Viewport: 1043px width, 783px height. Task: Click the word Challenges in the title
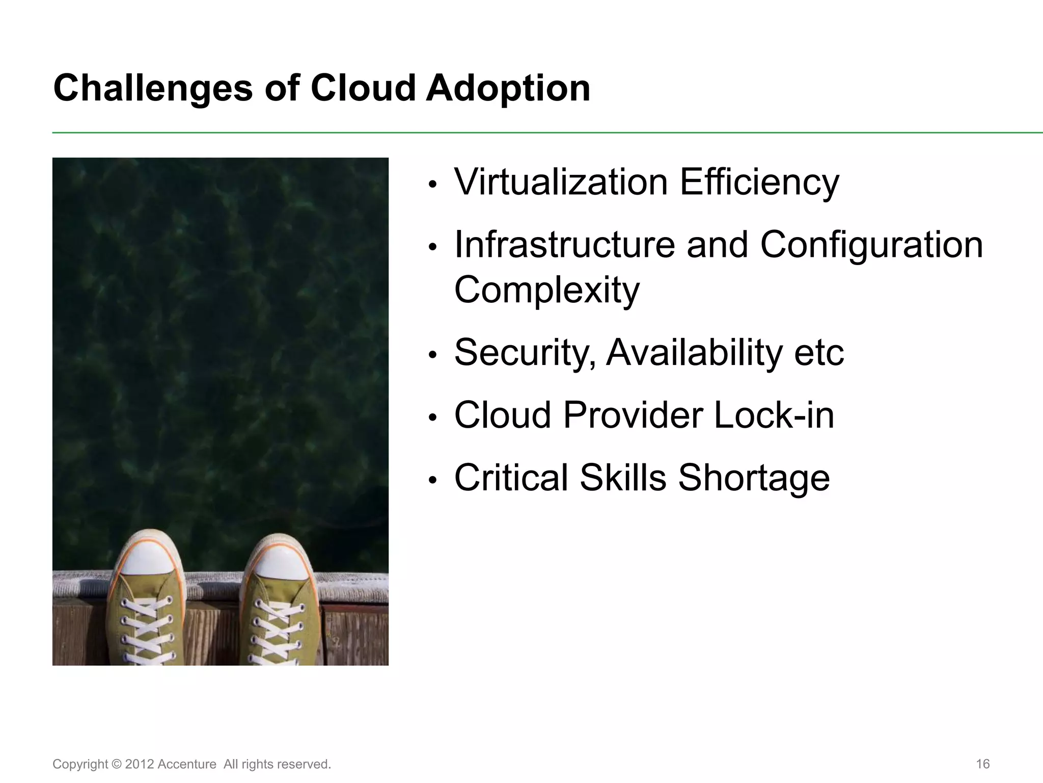153,88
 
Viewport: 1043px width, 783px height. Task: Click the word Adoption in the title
508,88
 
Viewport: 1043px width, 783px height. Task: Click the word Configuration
871,245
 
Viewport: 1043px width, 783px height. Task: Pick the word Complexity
546,290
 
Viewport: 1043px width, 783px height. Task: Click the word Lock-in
774,415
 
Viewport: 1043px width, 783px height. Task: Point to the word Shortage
754,478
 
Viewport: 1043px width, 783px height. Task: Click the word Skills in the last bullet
623,478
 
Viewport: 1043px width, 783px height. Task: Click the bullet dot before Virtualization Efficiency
433,185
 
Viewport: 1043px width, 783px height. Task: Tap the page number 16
982,764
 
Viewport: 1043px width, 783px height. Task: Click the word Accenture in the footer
186,764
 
